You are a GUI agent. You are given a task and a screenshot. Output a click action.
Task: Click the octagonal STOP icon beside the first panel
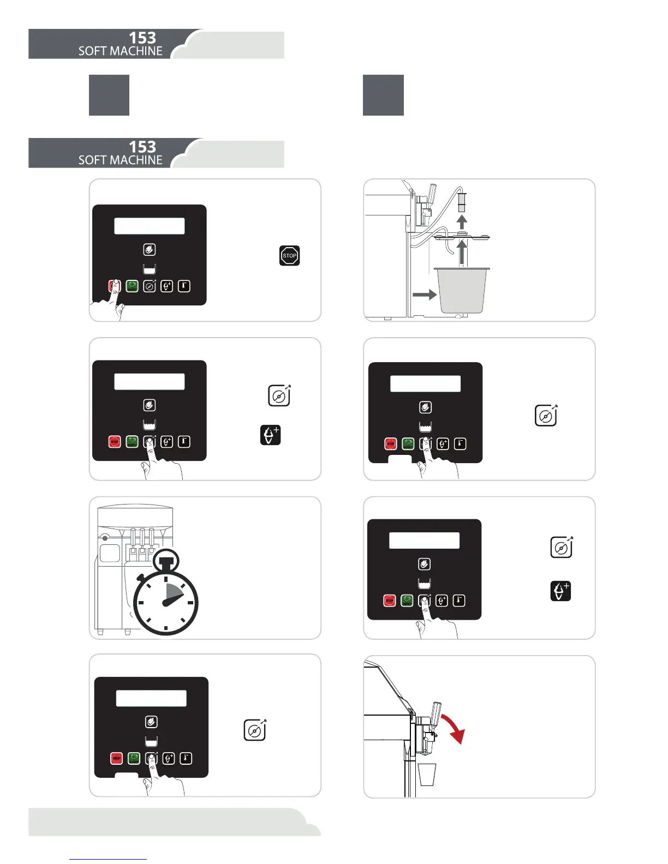(289, 255)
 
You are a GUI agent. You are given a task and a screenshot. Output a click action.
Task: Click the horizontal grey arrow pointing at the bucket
(425, 295)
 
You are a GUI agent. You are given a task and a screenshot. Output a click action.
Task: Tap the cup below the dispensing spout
(427, 775)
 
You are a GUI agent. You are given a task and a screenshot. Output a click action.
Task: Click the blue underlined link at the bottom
(108, 859)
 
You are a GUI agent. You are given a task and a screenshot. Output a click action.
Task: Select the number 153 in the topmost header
(142, 38)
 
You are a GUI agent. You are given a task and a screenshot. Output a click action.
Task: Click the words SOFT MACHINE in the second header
(121, 160)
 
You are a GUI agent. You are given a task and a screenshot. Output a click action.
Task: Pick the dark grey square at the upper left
(109, 95)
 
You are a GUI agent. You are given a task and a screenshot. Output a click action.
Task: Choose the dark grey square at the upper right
(383, 95)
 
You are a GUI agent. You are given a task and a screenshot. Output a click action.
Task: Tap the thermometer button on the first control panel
(184, 286)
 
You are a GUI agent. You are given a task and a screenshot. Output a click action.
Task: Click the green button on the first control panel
(132, 286)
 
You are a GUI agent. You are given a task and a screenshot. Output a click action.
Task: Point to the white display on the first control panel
(149, 226)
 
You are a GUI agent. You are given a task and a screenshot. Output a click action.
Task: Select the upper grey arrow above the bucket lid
(462, 222)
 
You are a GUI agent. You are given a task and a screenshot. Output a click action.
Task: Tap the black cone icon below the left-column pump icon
(271, 435)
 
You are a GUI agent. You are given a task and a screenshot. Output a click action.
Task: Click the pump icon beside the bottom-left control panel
(254, 730)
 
